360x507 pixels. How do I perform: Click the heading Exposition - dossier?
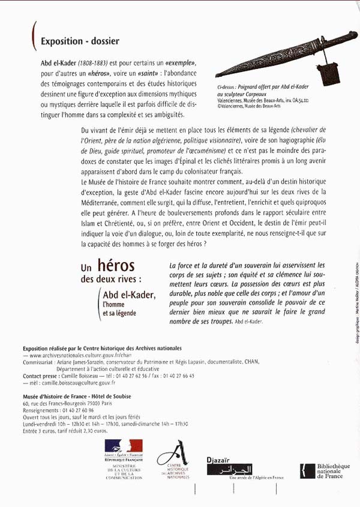coord(80,41)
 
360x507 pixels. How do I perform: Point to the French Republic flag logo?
coord(123,449)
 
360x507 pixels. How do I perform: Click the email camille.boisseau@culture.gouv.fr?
coord(72,382)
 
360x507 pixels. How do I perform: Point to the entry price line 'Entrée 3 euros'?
coord(65,431)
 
